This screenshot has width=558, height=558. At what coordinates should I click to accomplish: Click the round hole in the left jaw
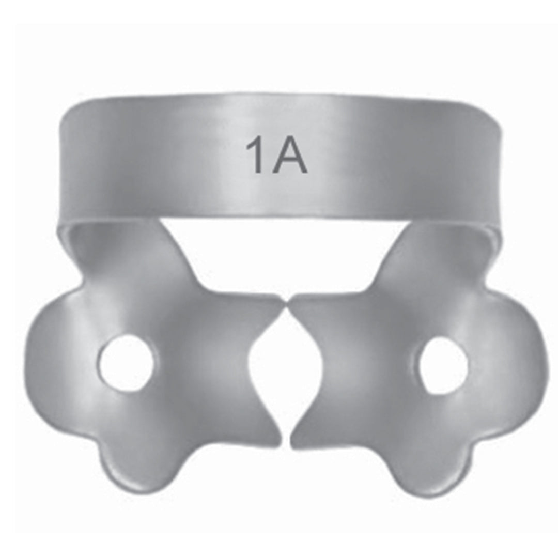126,363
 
